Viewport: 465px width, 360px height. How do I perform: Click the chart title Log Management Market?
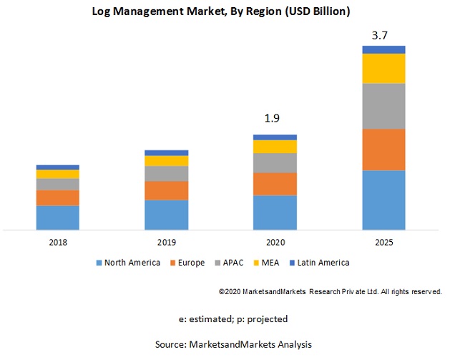pos(232,12)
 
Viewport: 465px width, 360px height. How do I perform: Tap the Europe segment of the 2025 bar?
pos(383,150)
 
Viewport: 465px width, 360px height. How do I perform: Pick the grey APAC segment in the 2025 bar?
pos(383,106)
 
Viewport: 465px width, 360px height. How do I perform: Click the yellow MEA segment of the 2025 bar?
pos(383,68)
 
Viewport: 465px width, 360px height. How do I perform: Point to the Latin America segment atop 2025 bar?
pos(383,49)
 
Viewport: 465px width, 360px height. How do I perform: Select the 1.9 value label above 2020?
pos(275,118)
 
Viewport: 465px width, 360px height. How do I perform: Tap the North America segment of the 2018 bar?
pos(58,218)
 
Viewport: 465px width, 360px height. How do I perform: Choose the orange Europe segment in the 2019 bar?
pos(167,190)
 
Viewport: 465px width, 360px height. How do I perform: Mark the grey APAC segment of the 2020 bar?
pos(275,163)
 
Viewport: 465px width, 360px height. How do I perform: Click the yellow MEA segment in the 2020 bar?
pos(275,147)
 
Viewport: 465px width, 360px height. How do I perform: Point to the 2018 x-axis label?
pos(58,243)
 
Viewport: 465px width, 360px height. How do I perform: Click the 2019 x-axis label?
pos(167,243)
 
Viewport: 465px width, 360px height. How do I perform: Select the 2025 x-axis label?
pos(383,243)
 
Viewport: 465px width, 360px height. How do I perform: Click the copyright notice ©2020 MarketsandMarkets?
pos(330,292)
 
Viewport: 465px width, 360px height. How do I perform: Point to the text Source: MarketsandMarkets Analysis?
pos(233,344)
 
